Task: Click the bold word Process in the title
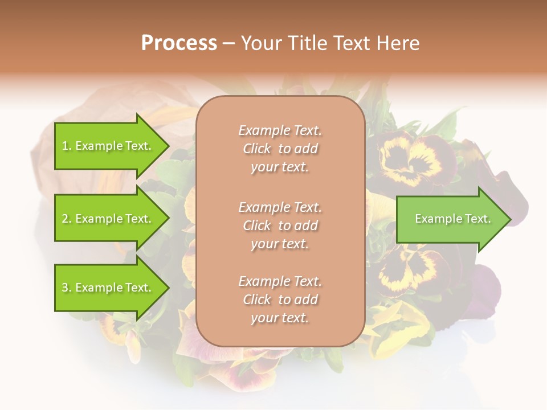[179, 43]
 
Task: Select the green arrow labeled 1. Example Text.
[108, 146]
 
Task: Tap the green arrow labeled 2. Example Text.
[108, 219]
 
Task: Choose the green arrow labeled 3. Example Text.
[108, 288]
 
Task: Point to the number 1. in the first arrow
[67, 146]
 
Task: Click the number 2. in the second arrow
[67, 219]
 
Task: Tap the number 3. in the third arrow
[67, 288]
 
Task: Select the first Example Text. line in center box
[280, 130]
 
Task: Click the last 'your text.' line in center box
[280, 318]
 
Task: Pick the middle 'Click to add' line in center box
[280, 225]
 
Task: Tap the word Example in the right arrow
[434, 219]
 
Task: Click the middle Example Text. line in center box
[280, 207]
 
